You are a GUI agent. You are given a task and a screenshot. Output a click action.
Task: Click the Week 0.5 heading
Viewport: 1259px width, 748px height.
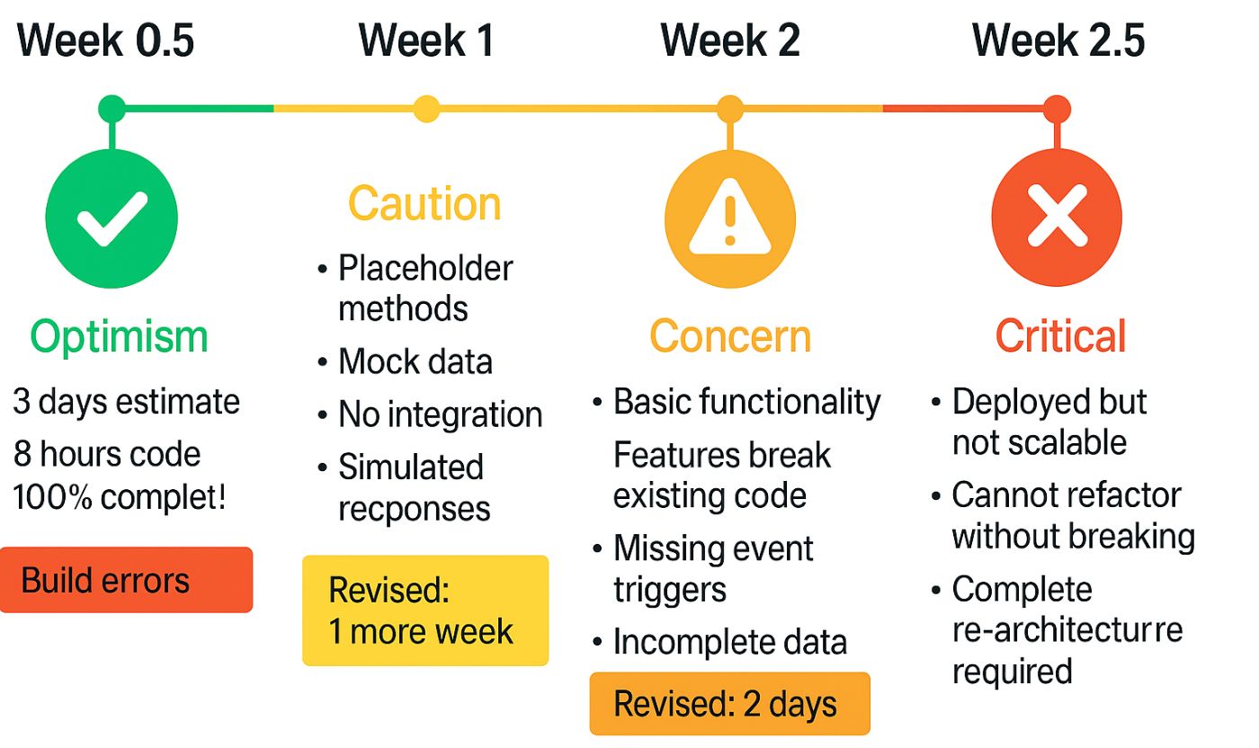coord(106,41)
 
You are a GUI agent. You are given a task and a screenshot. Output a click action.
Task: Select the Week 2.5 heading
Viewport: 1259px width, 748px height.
coord(1058,41)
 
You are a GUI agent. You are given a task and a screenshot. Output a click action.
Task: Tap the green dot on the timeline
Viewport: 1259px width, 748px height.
coord(112,109)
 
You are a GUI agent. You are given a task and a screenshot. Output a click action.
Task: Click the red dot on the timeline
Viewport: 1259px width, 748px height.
coord(1057,109)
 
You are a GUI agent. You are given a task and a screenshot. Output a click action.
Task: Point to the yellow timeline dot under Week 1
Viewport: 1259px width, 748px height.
coord(426,109)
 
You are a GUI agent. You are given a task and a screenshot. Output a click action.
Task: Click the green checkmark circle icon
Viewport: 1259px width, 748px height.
coord(112,218)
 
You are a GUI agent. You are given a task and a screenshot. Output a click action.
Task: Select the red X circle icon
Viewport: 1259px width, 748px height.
coord(1057,218)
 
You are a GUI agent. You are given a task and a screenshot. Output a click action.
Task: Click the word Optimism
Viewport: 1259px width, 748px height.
coord(119,337)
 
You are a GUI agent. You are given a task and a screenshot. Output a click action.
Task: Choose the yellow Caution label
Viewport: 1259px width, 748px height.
coord(424,204)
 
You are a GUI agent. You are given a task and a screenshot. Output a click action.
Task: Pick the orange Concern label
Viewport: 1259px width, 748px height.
coord(730,337)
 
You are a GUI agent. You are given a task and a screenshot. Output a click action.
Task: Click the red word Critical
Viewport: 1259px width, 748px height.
coord(1060,337)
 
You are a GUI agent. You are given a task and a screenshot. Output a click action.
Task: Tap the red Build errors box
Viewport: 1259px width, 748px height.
coord(126,580)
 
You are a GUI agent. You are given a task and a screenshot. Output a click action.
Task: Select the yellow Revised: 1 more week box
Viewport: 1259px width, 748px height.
coord(424,610)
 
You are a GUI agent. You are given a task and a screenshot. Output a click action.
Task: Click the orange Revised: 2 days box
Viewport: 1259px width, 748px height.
coord(729,703)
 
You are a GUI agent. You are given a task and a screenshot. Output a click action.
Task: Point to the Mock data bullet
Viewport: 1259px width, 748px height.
coord(415,361)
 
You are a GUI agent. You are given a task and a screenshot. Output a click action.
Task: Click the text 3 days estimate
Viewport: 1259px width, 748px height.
coord(127,402)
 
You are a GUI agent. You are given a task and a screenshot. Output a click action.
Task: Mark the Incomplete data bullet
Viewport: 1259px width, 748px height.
coord(729,643)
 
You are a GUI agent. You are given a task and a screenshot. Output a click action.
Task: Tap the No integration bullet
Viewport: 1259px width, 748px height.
coord(440,414)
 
